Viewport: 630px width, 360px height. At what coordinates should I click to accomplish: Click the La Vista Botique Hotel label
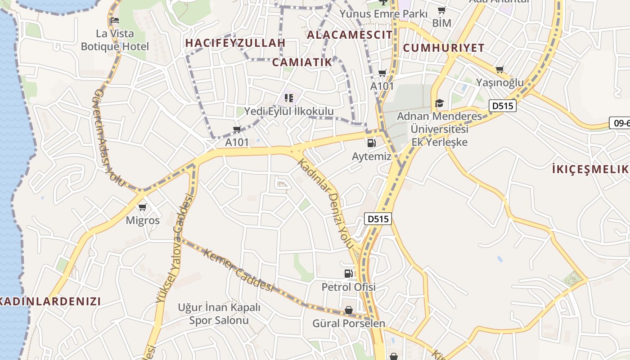click(x=115, y=40)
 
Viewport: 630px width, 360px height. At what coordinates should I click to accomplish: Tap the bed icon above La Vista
click(x=115, y=20)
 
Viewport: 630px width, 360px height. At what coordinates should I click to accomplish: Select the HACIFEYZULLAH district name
click(x=235, y=43)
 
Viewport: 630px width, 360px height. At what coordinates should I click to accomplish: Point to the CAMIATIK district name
click(x=302, y=62)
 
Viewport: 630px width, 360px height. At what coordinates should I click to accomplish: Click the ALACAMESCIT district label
click(x=350, y=35)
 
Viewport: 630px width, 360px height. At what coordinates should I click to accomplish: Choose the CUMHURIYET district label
click(x=444, y=48)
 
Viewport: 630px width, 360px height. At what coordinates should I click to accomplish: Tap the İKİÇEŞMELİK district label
click(x=590, y=169)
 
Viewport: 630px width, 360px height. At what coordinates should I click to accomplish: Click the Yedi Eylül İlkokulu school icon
click(x=288, y=98)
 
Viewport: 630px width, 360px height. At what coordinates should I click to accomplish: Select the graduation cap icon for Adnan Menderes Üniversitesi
click(x=439, y=103)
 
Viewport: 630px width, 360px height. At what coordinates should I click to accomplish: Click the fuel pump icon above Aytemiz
click(x=371, y=143)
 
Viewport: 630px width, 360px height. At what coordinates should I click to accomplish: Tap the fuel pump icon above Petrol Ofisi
click(x=348, y=273)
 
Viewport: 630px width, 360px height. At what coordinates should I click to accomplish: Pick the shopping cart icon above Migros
click(x=143, y=207)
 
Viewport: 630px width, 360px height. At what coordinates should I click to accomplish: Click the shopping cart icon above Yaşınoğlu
click(x=499, y=69)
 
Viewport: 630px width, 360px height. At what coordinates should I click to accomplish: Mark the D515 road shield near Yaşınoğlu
click(x=502, y=106)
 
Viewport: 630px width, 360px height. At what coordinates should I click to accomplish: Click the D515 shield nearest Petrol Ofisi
click(x=377, y=219)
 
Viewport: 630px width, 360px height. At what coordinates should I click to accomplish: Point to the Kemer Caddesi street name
click(x=238, y=270)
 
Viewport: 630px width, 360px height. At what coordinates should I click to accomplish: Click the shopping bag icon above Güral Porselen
click(x=349, y=310)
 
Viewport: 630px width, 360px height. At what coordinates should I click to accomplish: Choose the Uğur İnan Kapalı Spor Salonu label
click(x=219, y=314)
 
